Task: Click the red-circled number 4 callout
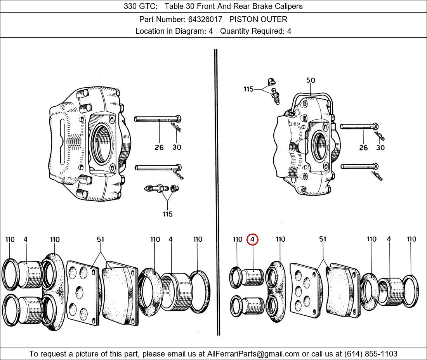(x=252, y=240)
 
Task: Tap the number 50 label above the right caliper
(x=311, y=81)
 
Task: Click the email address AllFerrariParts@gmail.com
(x=253, y=354)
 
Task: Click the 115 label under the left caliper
(x=167, y=214)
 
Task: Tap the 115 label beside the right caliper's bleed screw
(x=248, y=89)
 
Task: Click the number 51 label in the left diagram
(x=101, y=240)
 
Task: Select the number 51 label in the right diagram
(x=323, y=239)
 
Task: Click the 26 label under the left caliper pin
(x=159, y=147)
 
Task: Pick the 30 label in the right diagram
(x=380, y=148)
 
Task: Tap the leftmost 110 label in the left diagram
(x=10, y=240)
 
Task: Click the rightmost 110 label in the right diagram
(x=411, y=239)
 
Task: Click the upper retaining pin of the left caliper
(x=157, y=119)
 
